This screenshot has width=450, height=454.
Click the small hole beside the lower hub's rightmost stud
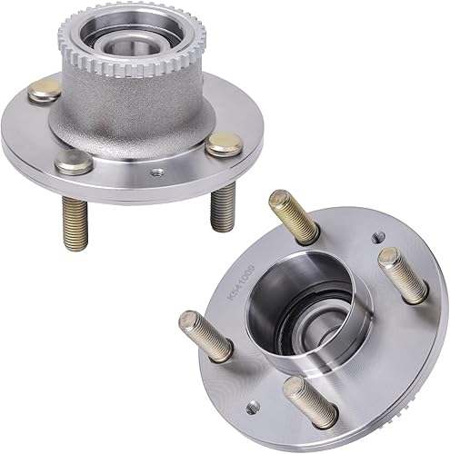[377, 239]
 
